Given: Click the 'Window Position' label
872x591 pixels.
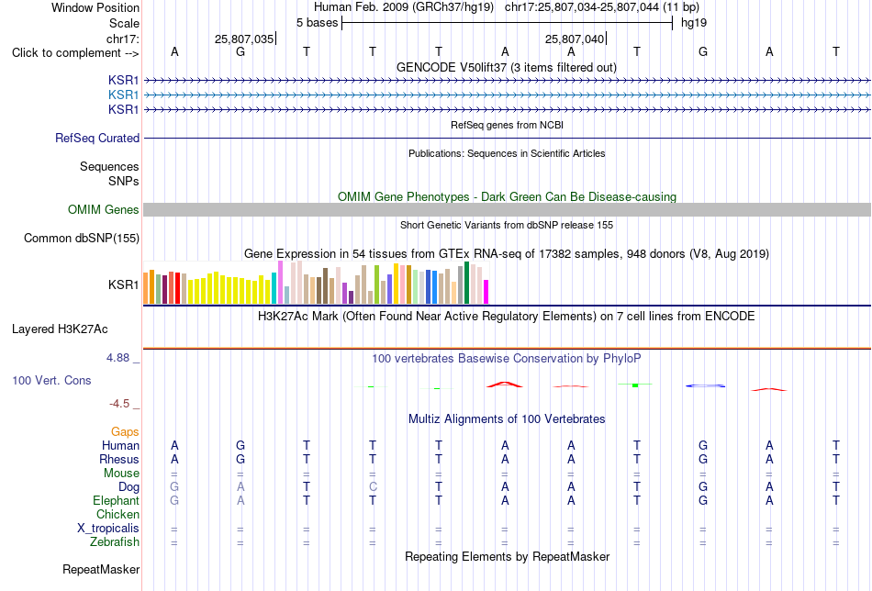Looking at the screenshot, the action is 95,7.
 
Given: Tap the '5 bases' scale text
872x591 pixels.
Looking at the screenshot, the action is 317,23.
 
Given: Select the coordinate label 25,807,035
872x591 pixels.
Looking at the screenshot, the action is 244,39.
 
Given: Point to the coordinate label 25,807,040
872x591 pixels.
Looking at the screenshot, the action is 575,39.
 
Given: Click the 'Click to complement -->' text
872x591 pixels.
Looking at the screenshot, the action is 75,53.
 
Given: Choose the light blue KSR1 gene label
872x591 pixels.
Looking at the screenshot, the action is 124,95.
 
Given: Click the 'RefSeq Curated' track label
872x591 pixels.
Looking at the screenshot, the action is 97,138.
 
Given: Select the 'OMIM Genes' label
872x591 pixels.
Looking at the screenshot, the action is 104,209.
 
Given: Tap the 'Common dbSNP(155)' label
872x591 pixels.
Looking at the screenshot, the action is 82,238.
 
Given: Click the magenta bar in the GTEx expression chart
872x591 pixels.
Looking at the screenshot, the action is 486,292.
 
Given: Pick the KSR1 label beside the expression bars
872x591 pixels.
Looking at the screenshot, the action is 124,284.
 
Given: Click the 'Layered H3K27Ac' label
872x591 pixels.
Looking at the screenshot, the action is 60,329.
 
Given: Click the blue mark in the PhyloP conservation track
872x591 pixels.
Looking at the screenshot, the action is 705,385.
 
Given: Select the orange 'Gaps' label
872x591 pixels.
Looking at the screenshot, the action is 125,432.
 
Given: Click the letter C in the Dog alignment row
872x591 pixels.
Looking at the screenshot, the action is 373,487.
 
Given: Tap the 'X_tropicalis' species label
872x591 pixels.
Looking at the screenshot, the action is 108,529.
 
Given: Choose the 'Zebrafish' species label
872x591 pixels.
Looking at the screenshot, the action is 115,542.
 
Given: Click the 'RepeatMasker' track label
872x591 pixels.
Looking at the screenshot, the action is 101,569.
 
